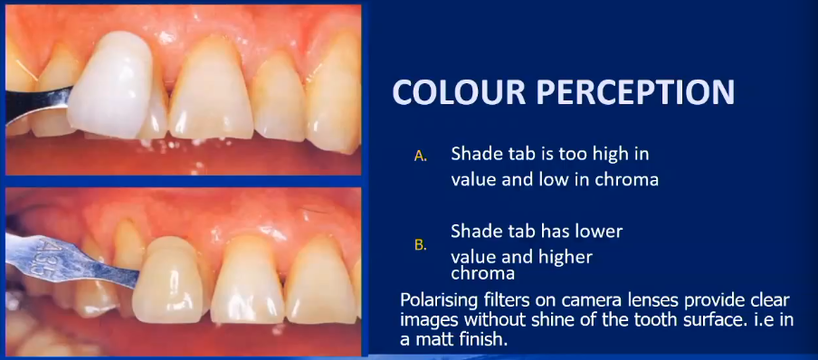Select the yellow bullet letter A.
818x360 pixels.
420,156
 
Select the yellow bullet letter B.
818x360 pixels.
420,244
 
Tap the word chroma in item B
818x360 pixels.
483,272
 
